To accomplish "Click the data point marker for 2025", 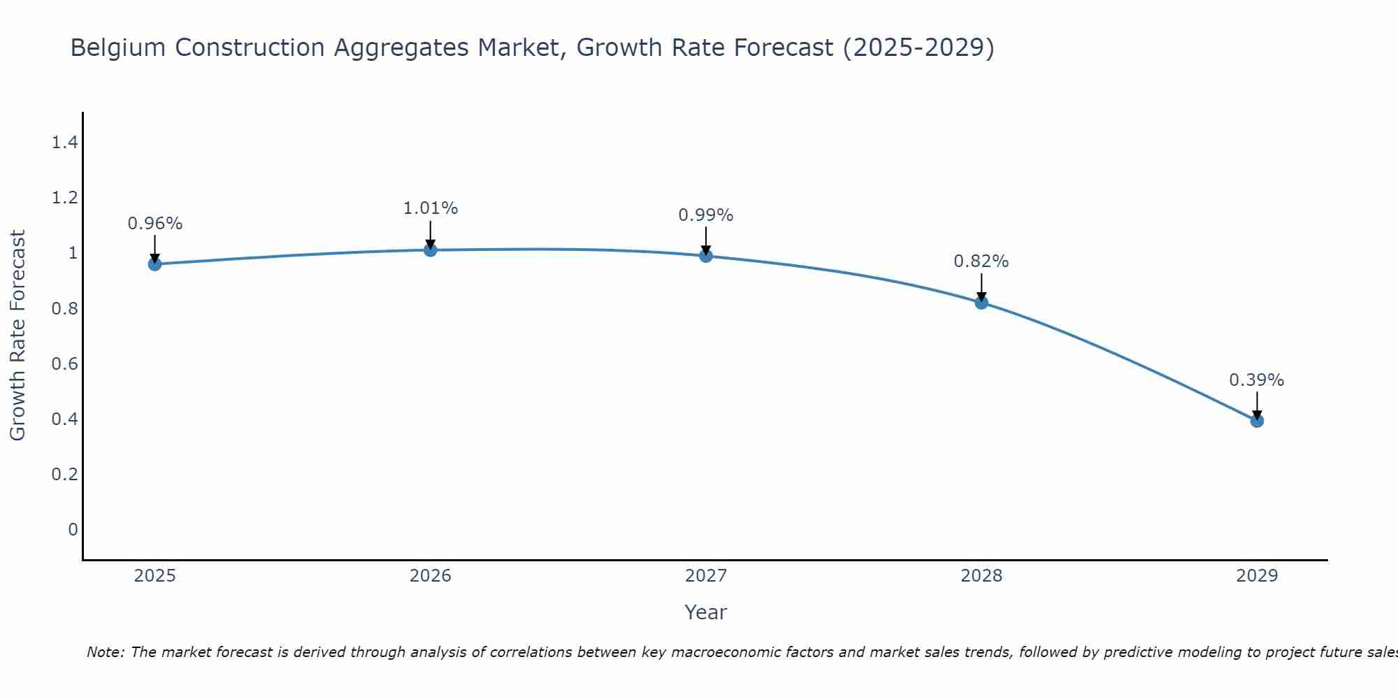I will pyautogui.click(x=154, y=264).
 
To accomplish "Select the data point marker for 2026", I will pyautogui.click(x=431, y=250).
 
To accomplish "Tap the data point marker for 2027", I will pyautogui.click(x=706, y=256).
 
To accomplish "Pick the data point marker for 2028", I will pyautogui.click(x=981, y=303).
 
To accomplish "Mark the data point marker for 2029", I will pyautogui.click(x=1257, y=421).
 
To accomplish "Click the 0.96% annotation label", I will pyautogui.click(x=154, y=224).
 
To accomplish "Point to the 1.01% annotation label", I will pyautogui.click(x=431, y=208).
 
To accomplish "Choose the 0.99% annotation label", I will pyautogui.click(x=706, y=215).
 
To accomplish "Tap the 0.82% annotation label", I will pyautogui.click(x=981, y=261).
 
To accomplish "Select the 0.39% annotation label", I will pyautogui.click(x=1257, y=380).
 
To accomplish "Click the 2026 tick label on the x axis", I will pyautogui.click(x=431, y=576).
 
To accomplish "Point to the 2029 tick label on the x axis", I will pyautogui.click(x=1257, y=576).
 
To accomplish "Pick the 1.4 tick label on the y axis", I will pyautogui.click(x=64, y=143).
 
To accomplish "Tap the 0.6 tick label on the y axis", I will pyautogui.click(x=64, y=364).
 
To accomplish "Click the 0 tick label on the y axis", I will pyautogui.click(x=73, y=530).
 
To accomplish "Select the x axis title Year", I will pyautogui.click(x=706, y=612).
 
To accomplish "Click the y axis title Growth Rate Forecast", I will pyautogui.click(x=17, y=336).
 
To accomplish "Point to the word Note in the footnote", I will pyautogui.click(x=104, y=653).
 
